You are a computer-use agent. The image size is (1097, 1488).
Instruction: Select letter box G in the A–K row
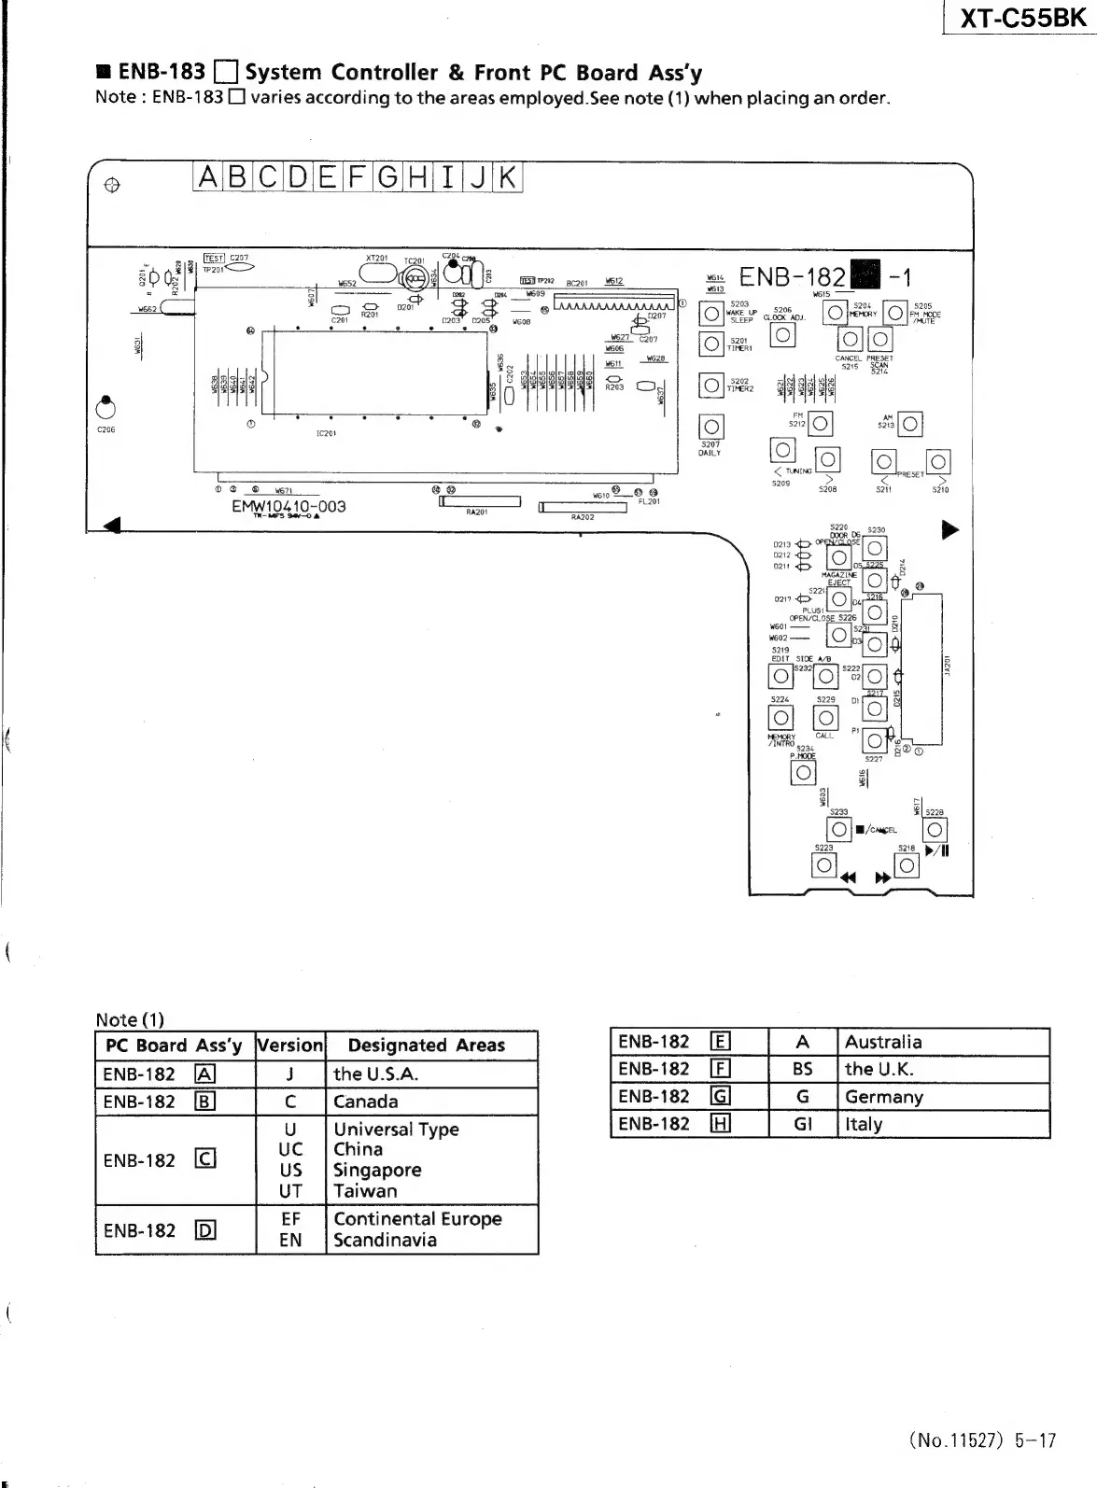click(x=387, y=176)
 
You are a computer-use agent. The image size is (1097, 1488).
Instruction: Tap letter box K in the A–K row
click(x=507, y=176)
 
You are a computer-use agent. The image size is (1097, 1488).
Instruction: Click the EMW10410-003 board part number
click(x=288, y=506)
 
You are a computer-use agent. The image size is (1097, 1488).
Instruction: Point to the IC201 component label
click(x=326, y=433)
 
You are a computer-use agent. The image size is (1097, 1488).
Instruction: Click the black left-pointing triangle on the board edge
click(x=112, y=526)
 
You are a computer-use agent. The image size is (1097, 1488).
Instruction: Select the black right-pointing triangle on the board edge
click(x=949, y=530)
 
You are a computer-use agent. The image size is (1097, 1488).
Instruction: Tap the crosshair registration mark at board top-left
click(x=111, y=185)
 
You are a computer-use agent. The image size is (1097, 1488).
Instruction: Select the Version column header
click(x=289, y=1046)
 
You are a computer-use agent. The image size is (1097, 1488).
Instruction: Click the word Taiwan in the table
click(x=365, y=1191)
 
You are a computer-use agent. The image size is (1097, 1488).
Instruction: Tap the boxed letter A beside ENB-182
click(x=205, y=1074)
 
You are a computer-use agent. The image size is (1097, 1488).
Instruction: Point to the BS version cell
click(x=802, y=1069)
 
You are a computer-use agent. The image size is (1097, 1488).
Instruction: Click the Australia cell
click(x=883, y=1042)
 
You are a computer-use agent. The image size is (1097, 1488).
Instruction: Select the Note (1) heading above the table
click(x=129, y=1019)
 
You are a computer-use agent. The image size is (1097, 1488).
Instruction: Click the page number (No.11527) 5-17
click(x=982, y=1440)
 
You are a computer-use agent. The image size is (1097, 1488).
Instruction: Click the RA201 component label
click(x=477, y=512)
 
